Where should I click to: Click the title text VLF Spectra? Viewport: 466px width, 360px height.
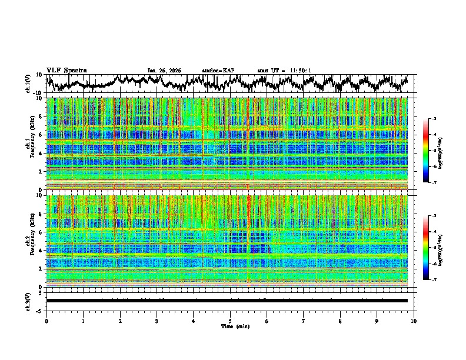pyautogui.click(x=66, y=70)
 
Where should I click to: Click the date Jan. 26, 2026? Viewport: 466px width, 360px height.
pyautogui.click(x=164, y=71)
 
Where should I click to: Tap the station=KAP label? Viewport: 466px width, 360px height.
pyautogui.click(x=218, y=71)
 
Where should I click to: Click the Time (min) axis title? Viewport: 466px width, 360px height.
pyautogui.click(x=230, y=326)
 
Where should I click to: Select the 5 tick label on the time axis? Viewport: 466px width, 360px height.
pyautogui.click(x=230, y=321)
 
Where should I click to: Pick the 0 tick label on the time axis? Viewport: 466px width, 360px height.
pyautogui.click(x=46, y=321)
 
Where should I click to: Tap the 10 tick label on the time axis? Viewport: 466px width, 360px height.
pyautogui.click(x=414, y=321)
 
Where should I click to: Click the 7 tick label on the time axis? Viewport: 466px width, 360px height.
pyautogui.click(x=304, y=321)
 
